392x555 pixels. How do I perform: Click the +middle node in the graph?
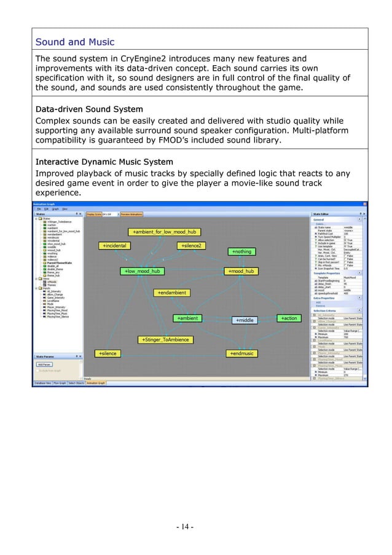[245, 320]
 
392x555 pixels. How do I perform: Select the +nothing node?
[243, 251]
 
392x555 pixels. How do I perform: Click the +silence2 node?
[192, 246]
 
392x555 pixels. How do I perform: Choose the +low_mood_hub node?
[142, 271]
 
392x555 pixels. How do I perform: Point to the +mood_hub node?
[240, 271]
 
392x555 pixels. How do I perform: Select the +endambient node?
[170, 293]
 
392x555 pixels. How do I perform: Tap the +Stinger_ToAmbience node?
[165, 339]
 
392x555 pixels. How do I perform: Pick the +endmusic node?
[241, 353]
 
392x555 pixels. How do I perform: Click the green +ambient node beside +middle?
[186, 318]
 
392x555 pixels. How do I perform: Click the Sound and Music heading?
[75, 42]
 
